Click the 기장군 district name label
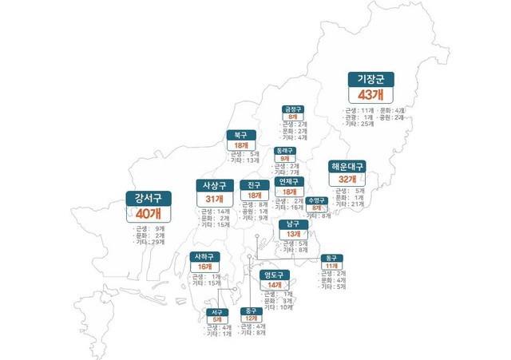(x=371, y=80)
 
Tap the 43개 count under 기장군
(x=371, y=95)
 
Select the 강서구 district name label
(x=149, y=200)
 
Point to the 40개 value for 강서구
(x=149, y=214)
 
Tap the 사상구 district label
(x=213, y=186)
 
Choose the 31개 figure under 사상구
(x=213, y=199)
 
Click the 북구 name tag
(x=240, y=136)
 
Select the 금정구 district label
(x=293, y=109)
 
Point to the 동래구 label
(x=285, y=150)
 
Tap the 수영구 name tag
(x=317, y=200)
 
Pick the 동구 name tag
(x=331, y=259)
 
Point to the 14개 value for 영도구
(x=275, y=285)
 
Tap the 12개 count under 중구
(x=252, y=318)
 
